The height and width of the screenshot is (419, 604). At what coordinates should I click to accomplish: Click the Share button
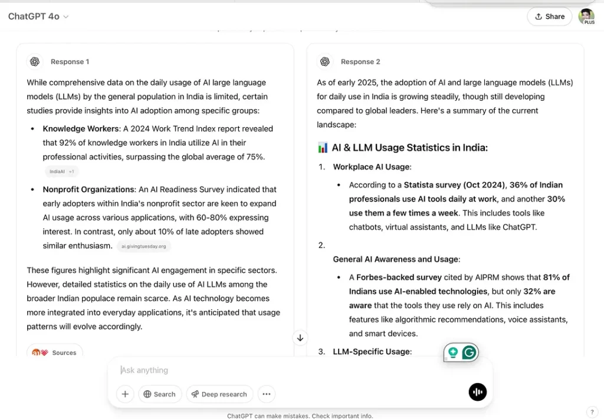point(549,17)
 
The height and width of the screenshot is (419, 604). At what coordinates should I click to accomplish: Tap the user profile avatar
point(586,17)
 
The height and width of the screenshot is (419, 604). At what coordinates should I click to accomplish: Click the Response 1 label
point(70,62)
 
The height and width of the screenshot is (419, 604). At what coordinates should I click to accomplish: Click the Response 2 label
point(360,62)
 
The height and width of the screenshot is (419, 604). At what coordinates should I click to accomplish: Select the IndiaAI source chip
point(61,171)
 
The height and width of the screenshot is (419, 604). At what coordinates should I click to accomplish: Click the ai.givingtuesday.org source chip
point(143,246)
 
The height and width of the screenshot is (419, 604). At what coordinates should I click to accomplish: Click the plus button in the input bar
point(125,394)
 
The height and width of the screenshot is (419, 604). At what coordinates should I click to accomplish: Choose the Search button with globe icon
point(160,394)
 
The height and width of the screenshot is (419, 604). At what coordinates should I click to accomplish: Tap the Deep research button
point(219,394)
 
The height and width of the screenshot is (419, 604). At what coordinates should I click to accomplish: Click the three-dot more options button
point(266,394)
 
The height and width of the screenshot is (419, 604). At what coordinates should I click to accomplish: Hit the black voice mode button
point(477,392)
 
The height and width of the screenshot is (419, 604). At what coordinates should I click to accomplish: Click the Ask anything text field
point(283,370)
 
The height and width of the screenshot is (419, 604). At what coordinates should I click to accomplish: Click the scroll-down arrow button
point(300,338)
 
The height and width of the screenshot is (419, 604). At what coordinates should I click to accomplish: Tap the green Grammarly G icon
point(469,352)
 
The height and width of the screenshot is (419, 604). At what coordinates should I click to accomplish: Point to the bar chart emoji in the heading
point(323,148)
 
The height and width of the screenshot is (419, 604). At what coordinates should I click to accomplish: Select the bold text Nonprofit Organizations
point(88,190)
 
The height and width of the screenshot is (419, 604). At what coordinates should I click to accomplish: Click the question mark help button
point(592,412)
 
